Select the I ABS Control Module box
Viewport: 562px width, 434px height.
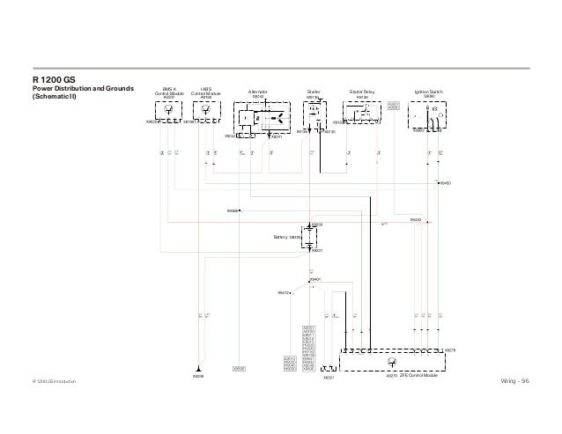pyautogui.click(x=206, y=112)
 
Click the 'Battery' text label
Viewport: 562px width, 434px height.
pyautogui.click(x=285, y=238)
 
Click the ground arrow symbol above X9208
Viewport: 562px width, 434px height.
pyautogui.click(x=199, y=369)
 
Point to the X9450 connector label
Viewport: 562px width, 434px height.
pyautogui.click(x=446, y=182)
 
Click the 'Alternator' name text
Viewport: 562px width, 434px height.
pyautogui.click(x=257, y=91)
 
